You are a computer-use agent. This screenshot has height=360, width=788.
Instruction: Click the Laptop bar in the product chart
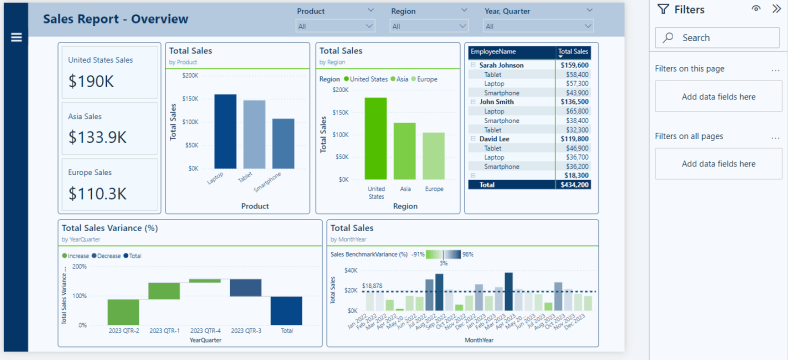coord(225,131)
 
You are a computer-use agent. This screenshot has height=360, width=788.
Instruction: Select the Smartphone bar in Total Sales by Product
coord(283,143)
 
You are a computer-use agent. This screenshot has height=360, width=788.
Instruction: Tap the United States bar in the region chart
coord(375,138)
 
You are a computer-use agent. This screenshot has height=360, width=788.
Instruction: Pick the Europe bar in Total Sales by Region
coord(433,155)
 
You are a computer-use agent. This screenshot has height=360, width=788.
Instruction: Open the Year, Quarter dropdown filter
coord(517,26)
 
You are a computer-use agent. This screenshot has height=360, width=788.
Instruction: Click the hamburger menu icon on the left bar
coord(16,37)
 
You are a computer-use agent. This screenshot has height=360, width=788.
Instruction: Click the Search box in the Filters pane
coord(718,37)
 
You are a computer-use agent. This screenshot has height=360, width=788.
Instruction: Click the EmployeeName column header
coord(492,51)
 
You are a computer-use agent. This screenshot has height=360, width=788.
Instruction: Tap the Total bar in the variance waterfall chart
coord(286,310)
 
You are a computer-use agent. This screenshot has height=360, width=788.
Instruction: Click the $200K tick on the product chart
coord(189,75)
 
